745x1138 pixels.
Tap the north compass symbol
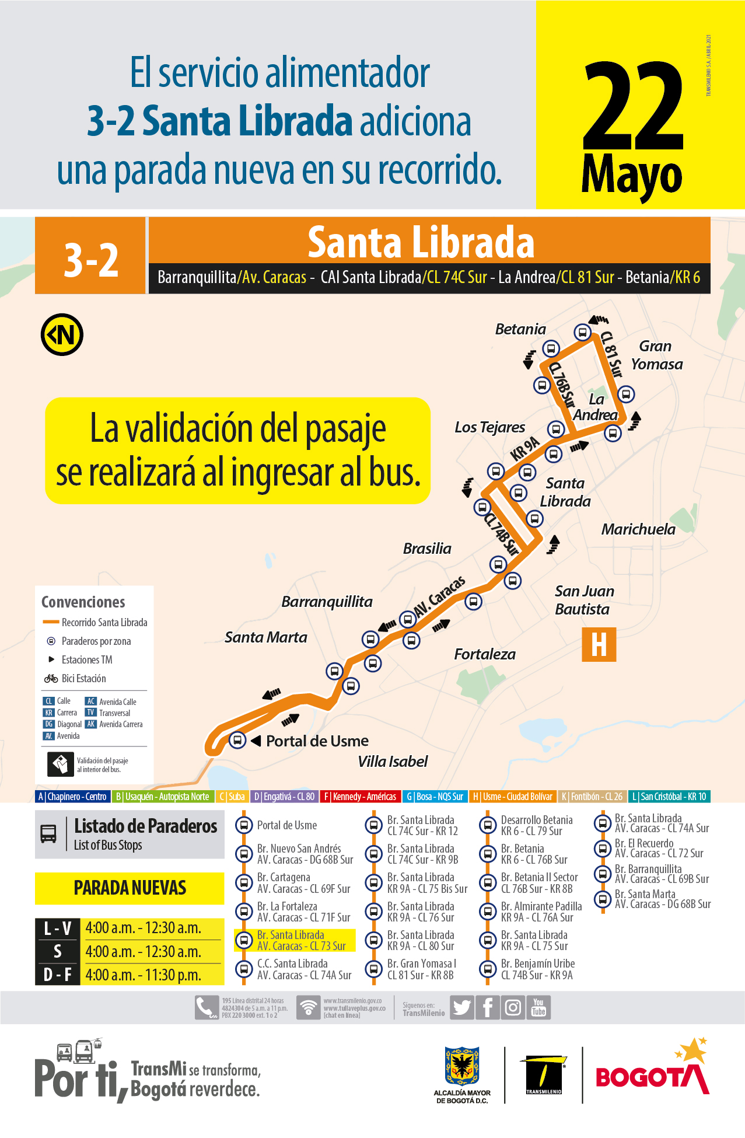pos(62,335)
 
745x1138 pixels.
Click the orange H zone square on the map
pos(599,645)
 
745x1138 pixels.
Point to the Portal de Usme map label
pos(317,741)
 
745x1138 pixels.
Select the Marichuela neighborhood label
pos(638,529)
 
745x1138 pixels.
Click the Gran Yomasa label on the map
pos(656,355)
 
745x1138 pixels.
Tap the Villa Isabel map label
pos(393,762)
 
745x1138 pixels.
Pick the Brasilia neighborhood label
pos(427,549)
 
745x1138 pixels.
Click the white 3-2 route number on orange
pos(91,260)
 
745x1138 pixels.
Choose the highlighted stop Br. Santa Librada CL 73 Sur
pos(301,940)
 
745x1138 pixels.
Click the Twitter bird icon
pos(462,1007)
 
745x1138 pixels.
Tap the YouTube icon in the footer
pos(538,1007)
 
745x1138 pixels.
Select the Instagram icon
pos(513,1007)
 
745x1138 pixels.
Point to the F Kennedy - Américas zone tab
pos(360,797)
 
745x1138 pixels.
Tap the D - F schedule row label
pos(57,975)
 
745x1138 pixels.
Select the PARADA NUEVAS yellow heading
pos(130,888)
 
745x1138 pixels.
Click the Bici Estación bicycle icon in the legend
pos(51,678)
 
